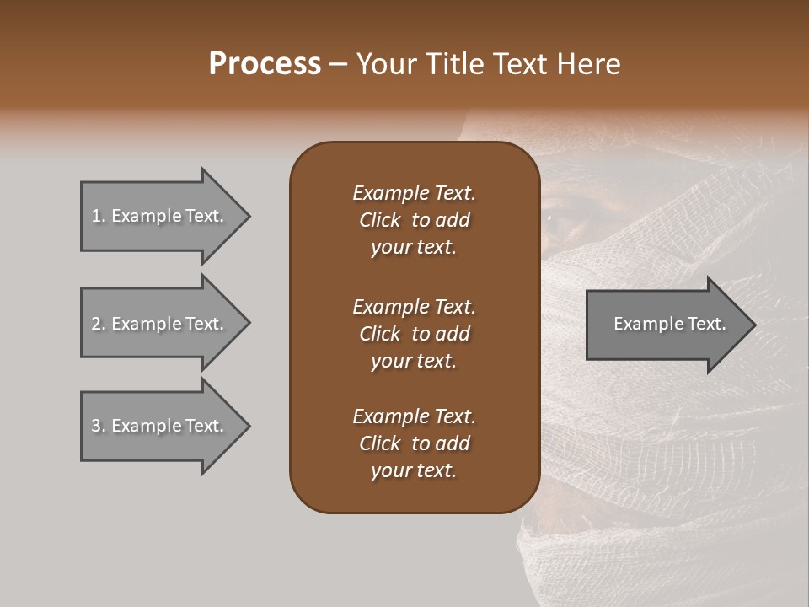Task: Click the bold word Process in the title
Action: click(265, 64)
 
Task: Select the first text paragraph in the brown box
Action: click(414, 220)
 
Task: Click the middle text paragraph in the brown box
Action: click(414, 333)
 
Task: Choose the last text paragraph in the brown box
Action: click(414, 443)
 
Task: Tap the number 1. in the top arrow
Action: click(99, 216)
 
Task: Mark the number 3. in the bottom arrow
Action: click(99, 426)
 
